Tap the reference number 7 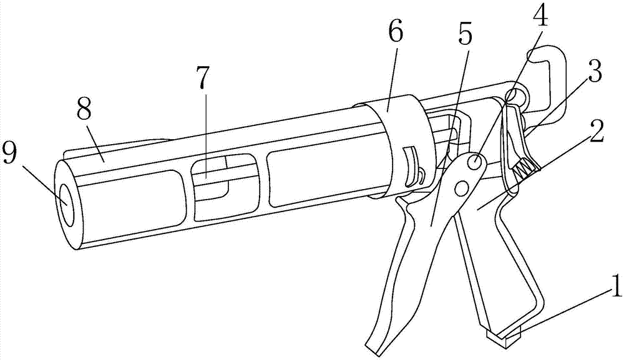[x=202, y=77]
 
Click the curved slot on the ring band [x=411, y=166]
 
